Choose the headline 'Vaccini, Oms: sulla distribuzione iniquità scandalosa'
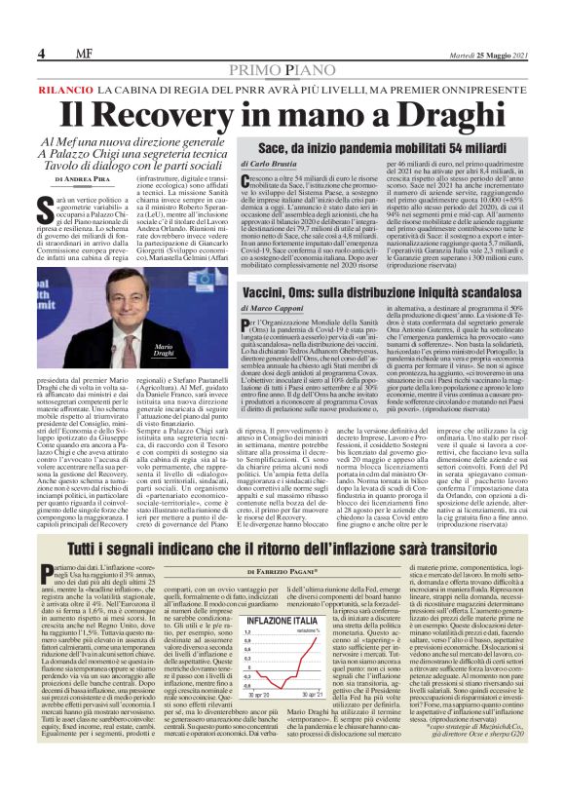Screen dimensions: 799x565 [x=384, y=290]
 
